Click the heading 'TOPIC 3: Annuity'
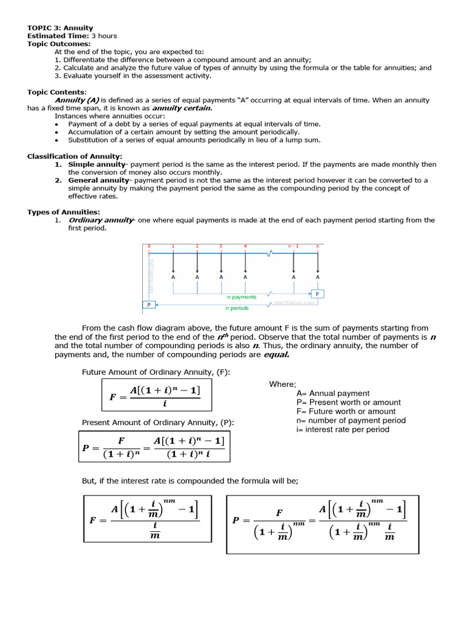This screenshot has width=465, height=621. [60, 28]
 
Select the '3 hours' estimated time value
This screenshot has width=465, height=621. [104, 36]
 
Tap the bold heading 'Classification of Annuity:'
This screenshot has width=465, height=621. [74, 156]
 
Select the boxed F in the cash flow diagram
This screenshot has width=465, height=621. [317, 294]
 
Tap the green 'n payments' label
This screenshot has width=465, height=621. [242, 297]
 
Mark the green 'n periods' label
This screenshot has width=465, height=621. [237, 308]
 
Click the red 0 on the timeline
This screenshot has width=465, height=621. [149, 246]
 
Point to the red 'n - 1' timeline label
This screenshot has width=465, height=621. [294, 246]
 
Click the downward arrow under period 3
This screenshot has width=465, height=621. [221, 261]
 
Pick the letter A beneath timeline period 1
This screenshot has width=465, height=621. [173, 277]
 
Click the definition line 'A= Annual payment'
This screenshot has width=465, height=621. [333, 393]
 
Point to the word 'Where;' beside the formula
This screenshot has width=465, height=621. [283, 384]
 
